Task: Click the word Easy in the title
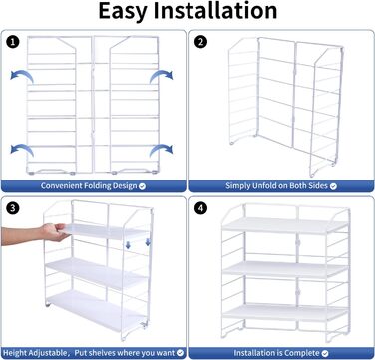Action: (123, 12)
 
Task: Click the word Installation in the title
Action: (215, 10)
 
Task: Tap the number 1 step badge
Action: (12, 42)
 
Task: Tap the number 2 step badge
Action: (200, 42)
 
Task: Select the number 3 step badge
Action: (12, 208)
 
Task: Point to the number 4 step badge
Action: (200, 208)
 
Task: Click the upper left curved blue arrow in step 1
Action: (22, 75)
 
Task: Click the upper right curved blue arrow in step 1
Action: (161, 76)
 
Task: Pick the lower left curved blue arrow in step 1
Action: (22, 149)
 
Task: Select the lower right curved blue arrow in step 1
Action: (161, 150)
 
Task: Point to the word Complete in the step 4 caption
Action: (304, 353)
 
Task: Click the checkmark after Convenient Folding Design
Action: (142, 186)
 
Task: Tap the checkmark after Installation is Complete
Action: (325, 353)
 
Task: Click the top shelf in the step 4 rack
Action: (285, 226)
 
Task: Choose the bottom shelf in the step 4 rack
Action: (285, 312)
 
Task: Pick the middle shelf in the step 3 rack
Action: (96, 273)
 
